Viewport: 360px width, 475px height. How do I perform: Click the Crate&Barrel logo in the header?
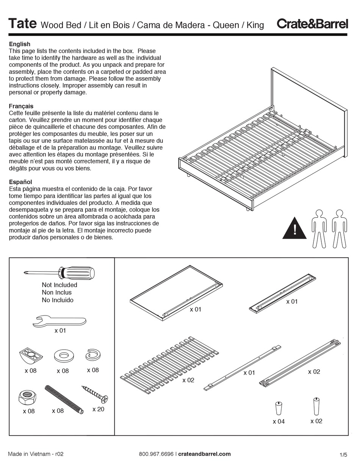click(312, 24)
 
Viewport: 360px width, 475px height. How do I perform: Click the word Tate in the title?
click(22, 24)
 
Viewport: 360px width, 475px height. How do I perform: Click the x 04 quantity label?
click(279, 422)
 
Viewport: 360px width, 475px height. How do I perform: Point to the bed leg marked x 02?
click(316, 406)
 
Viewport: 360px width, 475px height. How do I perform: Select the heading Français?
click(21, 106)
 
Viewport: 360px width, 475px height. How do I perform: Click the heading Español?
click(20, 182)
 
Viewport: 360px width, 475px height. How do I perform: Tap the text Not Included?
click(59, 285)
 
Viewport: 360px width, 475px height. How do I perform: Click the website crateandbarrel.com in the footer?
click(204, 454)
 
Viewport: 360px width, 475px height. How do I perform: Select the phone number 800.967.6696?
click(156, 454)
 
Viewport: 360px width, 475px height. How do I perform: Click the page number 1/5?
click(343, 455)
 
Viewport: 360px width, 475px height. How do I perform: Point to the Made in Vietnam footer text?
click(36, 454)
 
